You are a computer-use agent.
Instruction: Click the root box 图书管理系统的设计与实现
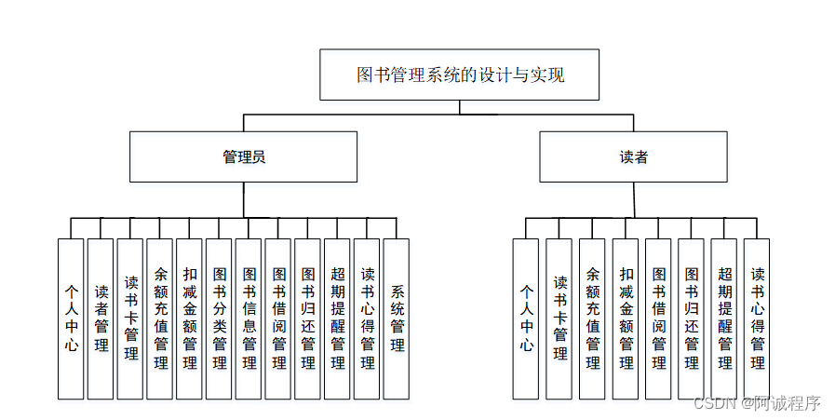pyautogui.click(x=460, y=75)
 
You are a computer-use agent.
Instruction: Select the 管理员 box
pyautogui.click(x=243, y=156)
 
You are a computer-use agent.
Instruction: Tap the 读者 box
pyautogui.click(x=633, y=156)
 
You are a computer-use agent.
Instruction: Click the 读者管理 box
pyautogui.click(x=101, y=318)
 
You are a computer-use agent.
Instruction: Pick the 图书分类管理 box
pyautogui.click(x=219, y=318)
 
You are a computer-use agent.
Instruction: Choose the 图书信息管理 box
pyautogui.click(x=249, y=318)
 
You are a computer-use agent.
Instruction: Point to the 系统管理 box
pyautogui.click(x=397, y=318)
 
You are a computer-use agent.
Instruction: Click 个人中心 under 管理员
pyautogui.click(x=71, y=318)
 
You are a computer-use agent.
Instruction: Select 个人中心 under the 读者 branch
pyautogui.click(x=526, y=318)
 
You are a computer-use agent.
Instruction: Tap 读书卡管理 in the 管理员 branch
pyautogui.click(x=130, y=318)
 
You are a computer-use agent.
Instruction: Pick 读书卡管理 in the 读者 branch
pyautogui.click(x=559, y=318)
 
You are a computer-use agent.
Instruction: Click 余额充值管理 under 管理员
pyautogui.click(x=160, y=318)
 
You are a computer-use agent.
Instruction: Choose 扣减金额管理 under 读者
pyautogui.click(x=626, y=318)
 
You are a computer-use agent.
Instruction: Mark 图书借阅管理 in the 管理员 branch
pyautogui.click(x=278, y=318)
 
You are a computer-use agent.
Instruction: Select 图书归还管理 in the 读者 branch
pyautogui.click(x=691, y=318)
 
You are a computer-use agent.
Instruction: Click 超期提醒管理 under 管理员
pyautogui.click(x=337, y=318)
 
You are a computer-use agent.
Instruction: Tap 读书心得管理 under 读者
pyautogui.click(x=757, y=318)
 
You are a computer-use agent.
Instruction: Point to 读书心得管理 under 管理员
pyautogui.click(x=367, y=318)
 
